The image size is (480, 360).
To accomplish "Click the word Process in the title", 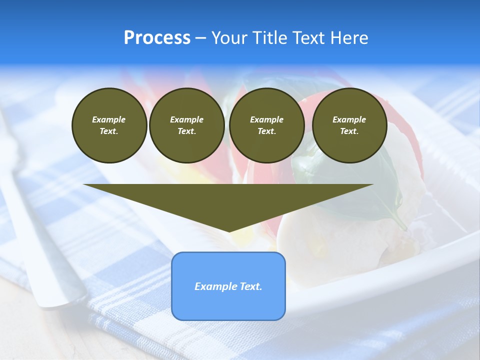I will pos(157,38).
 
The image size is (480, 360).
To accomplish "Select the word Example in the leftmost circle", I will pos(109,119).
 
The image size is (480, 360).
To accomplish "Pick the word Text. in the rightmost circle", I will pos(349,131).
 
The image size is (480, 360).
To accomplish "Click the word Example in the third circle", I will pos(266,119).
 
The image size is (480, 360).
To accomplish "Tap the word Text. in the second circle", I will pos(186,131).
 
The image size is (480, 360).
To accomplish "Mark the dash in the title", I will pos(200,38).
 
